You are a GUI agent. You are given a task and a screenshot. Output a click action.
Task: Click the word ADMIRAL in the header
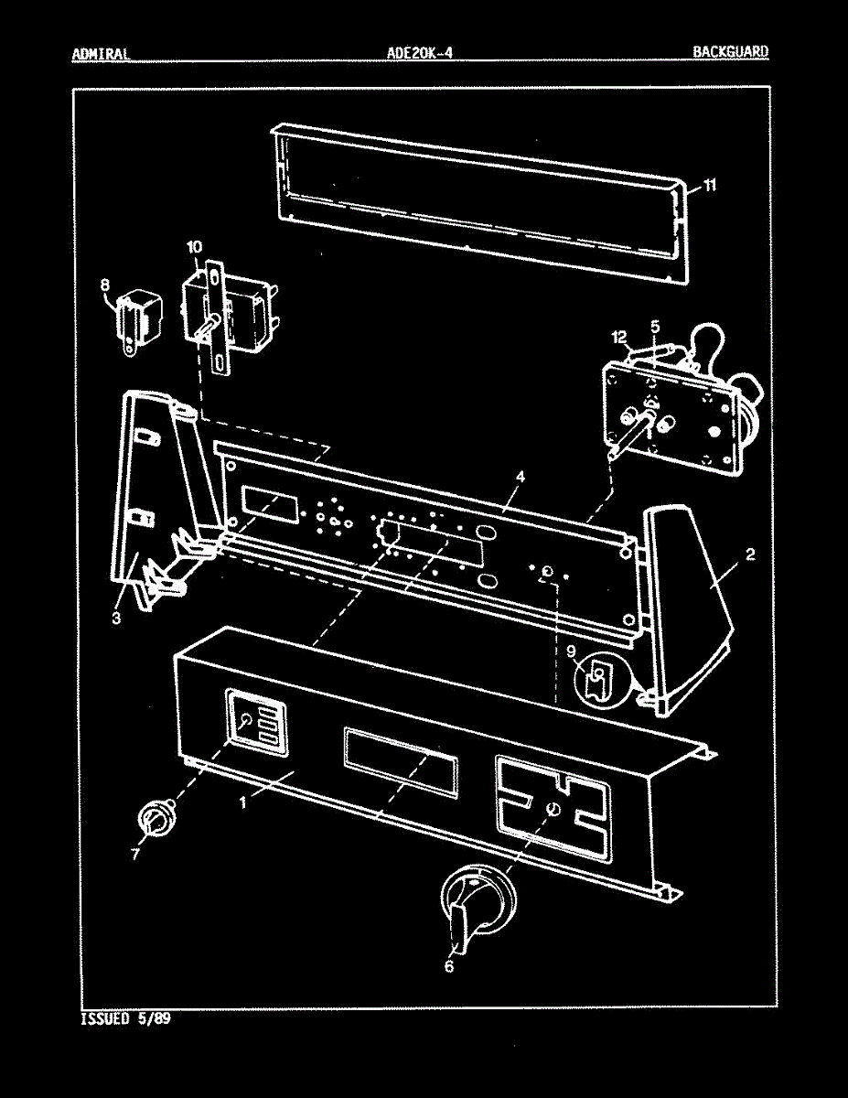pos(100,52)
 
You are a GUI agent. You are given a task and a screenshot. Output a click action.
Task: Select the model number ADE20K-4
pos(420,52)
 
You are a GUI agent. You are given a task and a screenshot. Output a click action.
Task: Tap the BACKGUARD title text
pos(730,52)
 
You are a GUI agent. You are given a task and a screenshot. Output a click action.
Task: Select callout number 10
pos(194,247)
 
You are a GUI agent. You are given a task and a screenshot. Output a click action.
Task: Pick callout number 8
pos(104,285)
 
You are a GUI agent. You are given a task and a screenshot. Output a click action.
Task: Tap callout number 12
pos(619,338)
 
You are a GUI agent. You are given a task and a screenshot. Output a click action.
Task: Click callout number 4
pos(519,477)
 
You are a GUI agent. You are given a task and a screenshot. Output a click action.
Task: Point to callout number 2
pos(749,554)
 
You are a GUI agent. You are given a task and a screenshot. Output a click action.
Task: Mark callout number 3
pos(117,618)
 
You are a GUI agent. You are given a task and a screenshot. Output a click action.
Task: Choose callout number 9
pos(570,651)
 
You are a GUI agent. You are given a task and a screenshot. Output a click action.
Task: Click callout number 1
pos(242,802)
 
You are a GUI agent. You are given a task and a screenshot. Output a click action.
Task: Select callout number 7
pos(135,854)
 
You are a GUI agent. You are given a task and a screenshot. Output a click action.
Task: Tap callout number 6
pos(448,964)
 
